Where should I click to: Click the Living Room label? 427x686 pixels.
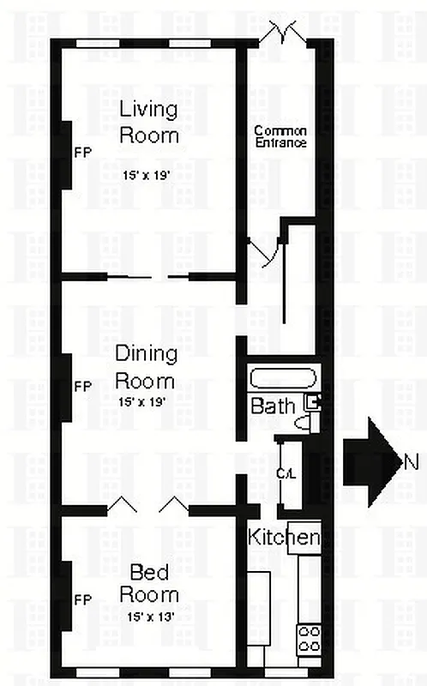coord(149,122)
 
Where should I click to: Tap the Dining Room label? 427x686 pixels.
coord(145,367)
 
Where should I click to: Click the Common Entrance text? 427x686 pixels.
coord(280,137)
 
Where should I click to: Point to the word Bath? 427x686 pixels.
coord(273,406)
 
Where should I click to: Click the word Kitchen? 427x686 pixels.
coord(284,539)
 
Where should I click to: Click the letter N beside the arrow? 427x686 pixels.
coord(412,462)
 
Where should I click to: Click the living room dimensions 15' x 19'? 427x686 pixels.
coord(149,174)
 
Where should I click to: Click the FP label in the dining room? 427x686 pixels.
coord(83,387)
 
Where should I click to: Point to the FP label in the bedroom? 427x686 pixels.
coord(83,599)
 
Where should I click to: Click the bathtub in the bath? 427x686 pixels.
coord(284,377)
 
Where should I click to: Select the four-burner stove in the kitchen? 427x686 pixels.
coord(309,639)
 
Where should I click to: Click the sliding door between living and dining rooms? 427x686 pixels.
coord(153,277)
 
